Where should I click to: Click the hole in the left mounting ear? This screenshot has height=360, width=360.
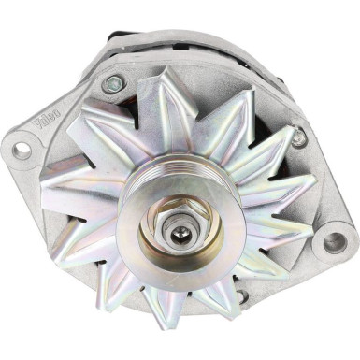[x=22, y=149]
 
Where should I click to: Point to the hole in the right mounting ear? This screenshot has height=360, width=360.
[x=335, y=242]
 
